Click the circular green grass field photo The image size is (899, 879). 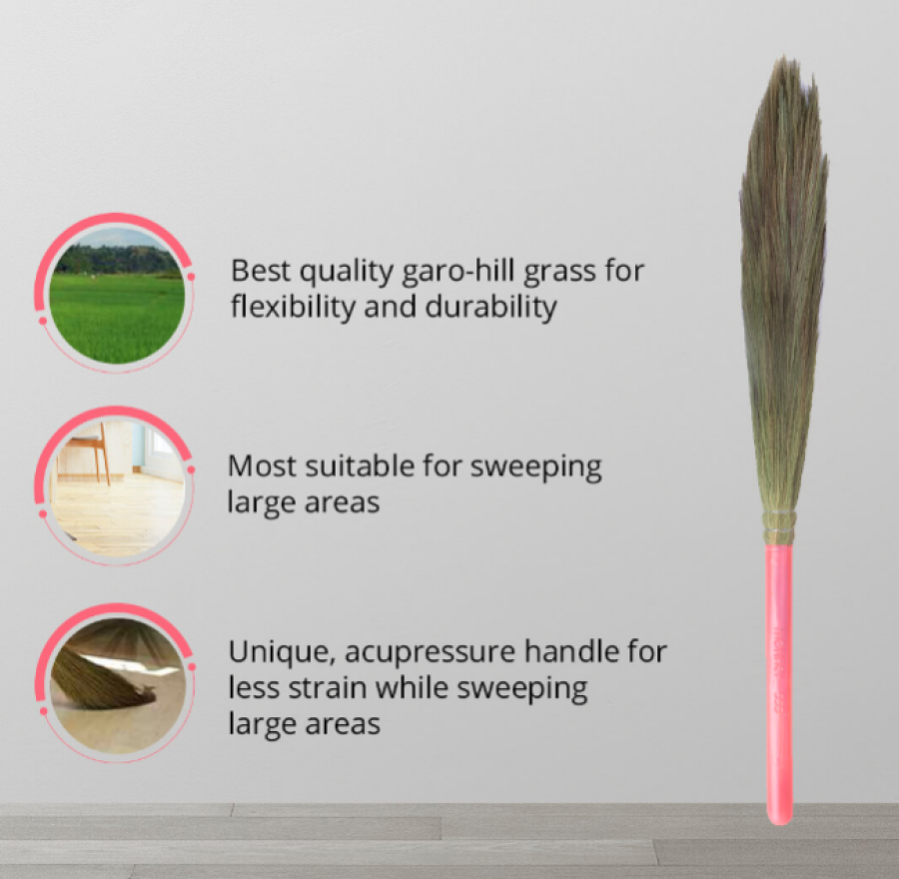click(117, 296)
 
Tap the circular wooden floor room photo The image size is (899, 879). click(117, 488)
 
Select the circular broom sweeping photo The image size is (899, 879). click(117, 686)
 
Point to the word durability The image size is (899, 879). click(490, 307)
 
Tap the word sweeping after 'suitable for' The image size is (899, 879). click(536, 467)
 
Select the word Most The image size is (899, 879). click(262, 466)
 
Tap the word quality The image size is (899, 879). click(347, 273)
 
